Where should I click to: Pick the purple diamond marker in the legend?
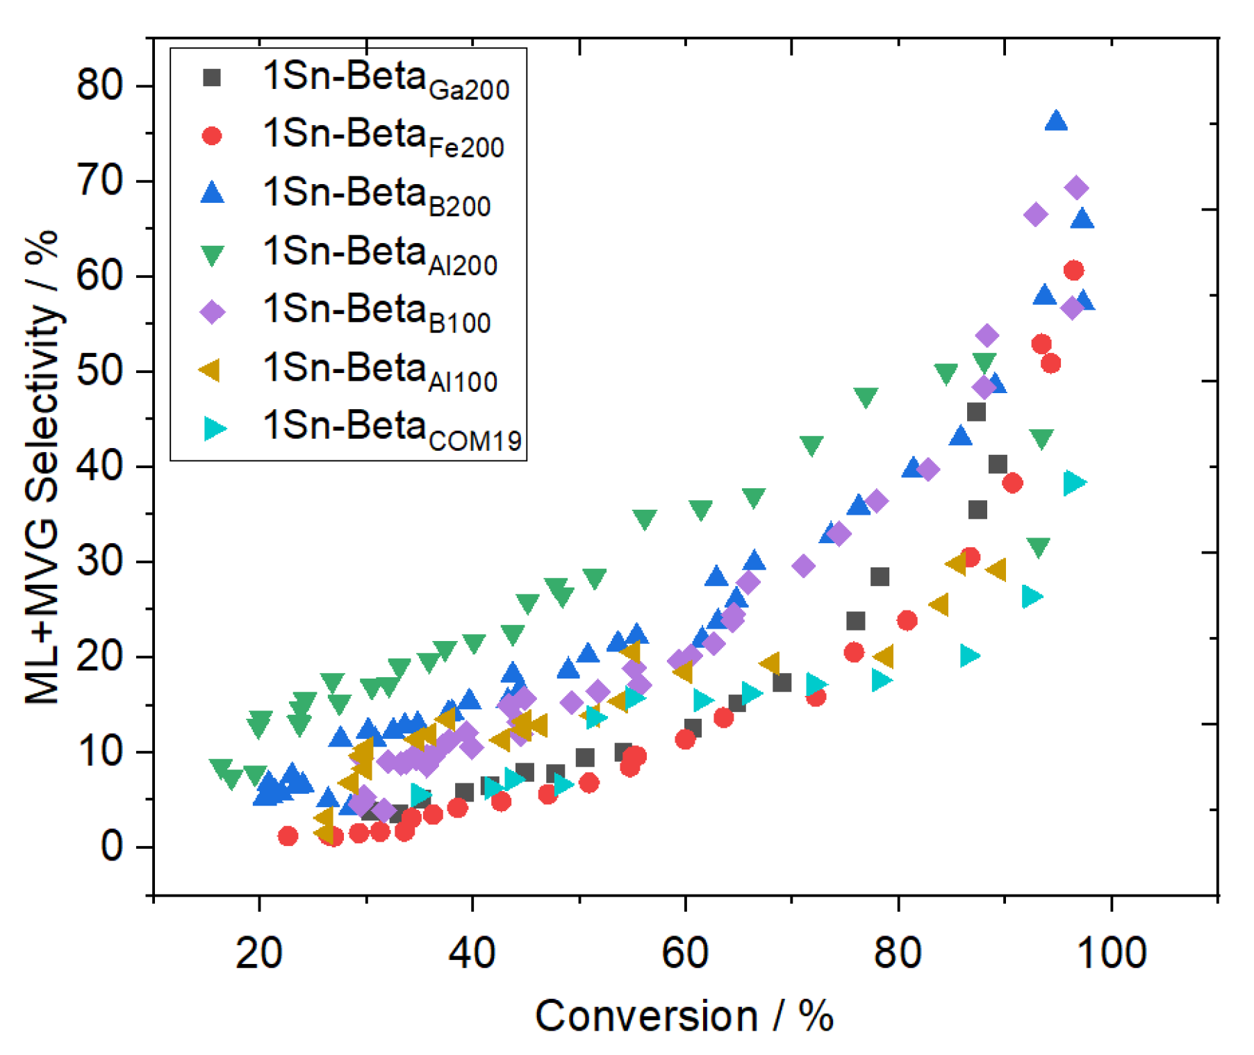coord(212,312)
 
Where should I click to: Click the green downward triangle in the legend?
coord(212,254)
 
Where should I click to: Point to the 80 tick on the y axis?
coord(100,86)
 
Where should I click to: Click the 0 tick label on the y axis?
coord(112,847)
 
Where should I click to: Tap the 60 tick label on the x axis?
coord(685,952)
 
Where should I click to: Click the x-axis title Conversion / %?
coord(684,1016)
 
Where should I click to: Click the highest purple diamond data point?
coord(1075,188)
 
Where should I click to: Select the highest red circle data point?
coord(1073,270)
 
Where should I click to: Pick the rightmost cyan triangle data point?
coord(1074,482)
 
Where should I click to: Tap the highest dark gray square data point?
coord(976,412)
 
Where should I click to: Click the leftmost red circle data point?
coord(288,836)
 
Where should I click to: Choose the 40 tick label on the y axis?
coord(100,467)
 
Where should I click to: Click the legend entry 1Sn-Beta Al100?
coord(380,371)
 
